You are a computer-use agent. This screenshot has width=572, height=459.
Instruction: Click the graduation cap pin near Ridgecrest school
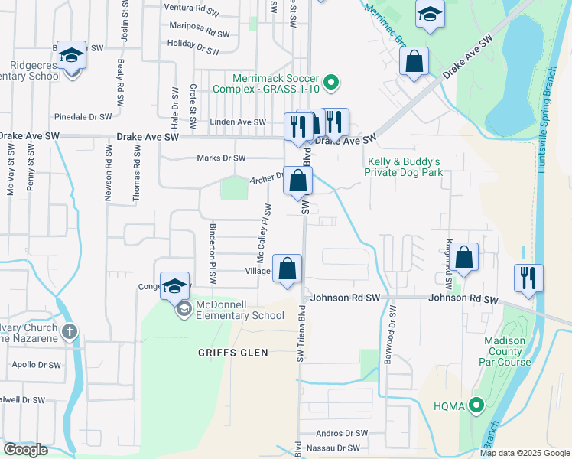(x=72, y=56)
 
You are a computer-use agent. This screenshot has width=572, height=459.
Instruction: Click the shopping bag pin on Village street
(x=288, y=269)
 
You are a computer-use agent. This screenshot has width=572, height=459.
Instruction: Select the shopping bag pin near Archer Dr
(x=298, y=181)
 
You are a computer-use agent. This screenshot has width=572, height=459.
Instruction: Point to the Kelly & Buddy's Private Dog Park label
(x=405, y=167)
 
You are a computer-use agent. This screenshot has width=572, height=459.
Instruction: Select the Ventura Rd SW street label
(x=198, y=7)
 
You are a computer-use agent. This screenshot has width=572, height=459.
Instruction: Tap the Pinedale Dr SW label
(x=83, y=117)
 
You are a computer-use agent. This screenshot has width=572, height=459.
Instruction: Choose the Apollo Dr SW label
(x=36, y=365)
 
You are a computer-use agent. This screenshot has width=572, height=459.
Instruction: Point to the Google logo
(x=25, y=450)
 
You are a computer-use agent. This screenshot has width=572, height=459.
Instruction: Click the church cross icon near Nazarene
(x=70, y=332)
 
